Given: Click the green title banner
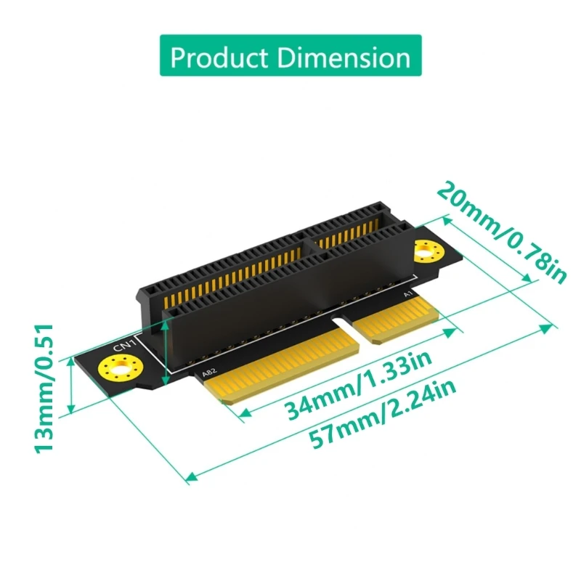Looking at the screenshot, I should click(x=290, y=57).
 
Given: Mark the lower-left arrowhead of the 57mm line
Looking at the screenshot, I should click(x=191, y=476).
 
